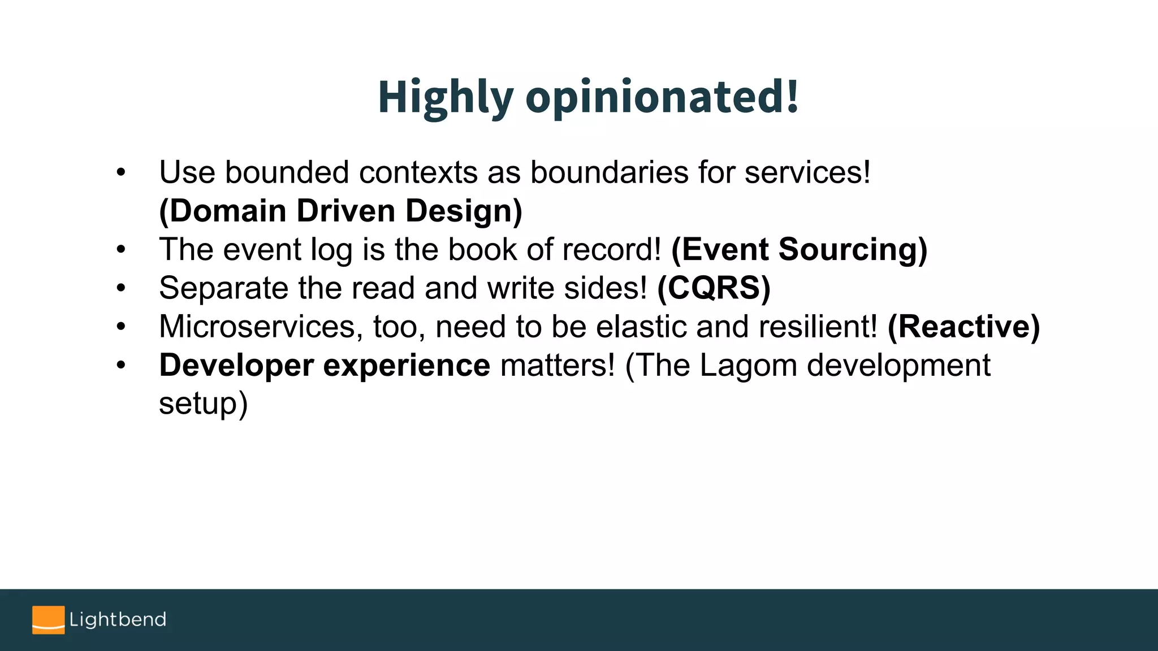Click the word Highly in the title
[445, 97]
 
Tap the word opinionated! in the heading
[662, 97]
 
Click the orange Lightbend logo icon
[48, 620]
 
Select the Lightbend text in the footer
[118, 619]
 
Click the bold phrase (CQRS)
[714, 288]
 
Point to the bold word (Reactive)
[963, 327]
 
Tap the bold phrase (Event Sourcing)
[799, 249]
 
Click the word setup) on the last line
[203, 404]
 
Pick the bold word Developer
[236, 366]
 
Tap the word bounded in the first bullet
[287, 172]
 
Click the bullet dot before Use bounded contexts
[120, 172]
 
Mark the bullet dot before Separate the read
[120, 288]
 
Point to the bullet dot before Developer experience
[120, 366]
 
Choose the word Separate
[223, 288]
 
